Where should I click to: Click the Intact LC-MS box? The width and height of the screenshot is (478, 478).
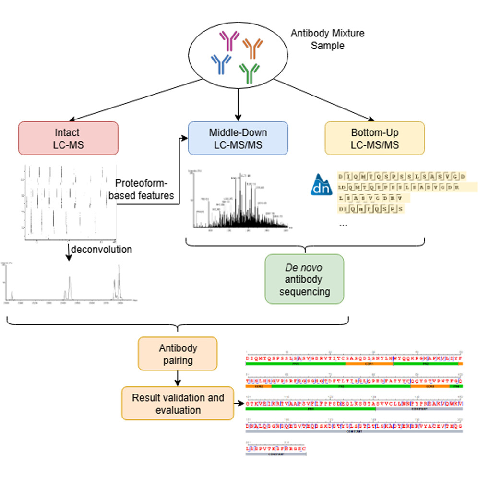(x=68, y=138)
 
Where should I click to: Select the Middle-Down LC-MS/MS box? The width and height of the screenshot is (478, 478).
(x=238, y=138)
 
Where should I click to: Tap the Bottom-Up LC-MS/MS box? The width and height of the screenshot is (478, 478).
(x=374, y=138)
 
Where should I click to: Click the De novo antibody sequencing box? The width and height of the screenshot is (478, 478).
(x=304, y=279)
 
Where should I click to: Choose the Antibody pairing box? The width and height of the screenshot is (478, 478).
(x=178, y=354)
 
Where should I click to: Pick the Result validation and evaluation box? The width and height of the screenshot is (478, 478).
(x=178, y=404)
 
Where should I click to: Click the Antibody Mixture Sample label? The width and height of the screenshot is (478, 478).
(x=327, y=40)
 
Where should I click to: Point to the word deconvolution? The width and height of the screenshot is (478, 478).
(x=102, y=250)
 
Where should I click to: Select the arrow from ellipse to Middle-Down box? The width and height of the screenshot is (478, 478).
(x=238, y=103)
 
